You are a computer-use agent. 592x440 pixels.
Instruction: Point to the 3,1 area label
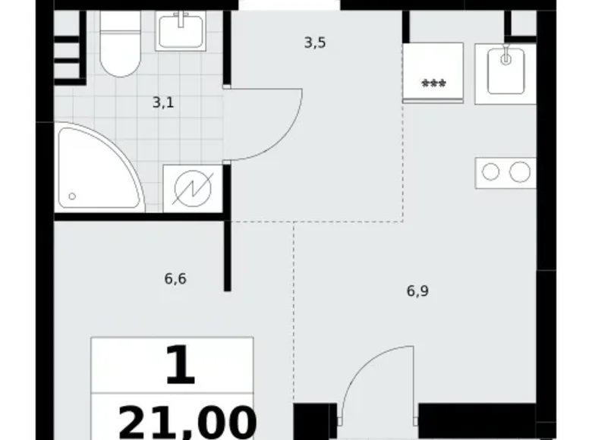pyautogui.click(x=163, y=102)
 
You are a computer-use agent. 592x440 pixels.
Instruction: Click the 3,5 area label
pyautogui.click(x=315, y=43)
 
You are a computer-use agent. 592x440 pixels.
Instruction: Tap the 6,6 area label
pyautogui.click(x=175, y=278)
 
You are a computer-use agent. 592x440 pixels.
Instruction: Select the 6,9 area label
pyautogui.click(x=417, y=291)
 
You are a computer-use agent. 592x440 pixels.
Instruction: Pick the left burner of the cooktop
pyautogui.click(x=491, y=172)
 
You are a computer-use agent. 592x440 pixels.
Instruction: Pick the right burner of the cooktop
pyautogui.click(x=520, y=172)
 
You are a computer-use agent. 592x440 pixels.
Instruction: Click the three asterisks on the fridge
pyautogui.click(x=433, y=84)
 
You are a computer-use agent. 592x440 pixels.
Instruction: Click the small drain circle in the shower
pyautogui.click(x=72, y=196)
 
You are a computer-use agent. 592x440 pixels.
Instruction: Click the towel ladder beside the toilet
pyautogui.click(x=68, y=46)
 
